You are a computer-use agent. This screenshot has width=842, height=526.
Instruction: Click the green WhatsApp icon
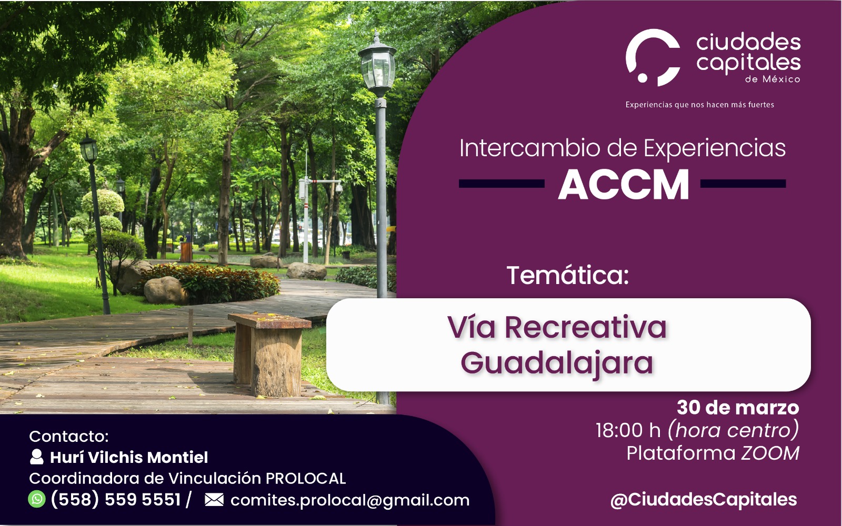tap(37, 499)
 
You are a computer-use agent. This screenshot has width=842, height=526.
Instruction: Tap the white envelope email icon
tap(214, 500)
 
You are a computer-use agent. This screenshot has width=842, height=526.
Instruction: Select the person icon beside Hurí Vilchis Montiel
tap(36, 457)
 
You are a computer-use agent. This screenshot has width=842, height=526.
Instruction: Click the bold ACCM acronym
tap(623, 184)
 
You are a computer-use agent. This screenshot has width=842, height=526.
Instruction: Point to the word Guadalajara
tap(557, 363)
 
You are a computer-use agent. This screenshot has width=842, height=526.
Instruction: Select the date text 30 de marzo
tap(738, 407)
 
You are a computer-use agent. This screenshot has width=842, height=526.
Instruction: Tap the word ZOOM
tap(770, 453)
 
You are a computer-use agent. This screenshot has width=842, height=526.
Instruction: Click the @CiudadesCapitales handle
tap(704, 500)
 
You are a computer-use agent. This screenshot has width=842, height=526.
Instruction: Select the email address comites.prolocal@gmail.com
tap(350, 500)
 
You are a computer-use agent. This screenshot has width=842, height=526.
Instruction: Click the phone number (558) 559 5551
tap(116, 499)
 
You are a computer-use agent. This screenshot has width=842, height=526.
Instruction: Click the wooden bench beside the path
tap(269, 355)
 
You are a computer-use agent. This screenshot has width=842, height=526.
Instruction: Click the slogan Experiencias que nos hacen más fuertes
tap(699, 105)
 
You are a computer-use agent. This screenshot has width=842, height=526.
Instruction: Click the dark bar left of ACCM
tap(502, 184)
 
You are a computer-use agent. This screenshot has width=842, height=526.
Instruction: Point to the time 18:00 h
tap(628, 430)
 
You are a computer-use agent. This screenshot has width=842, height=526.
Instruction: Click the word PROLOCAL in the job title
tap(306, 478)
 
